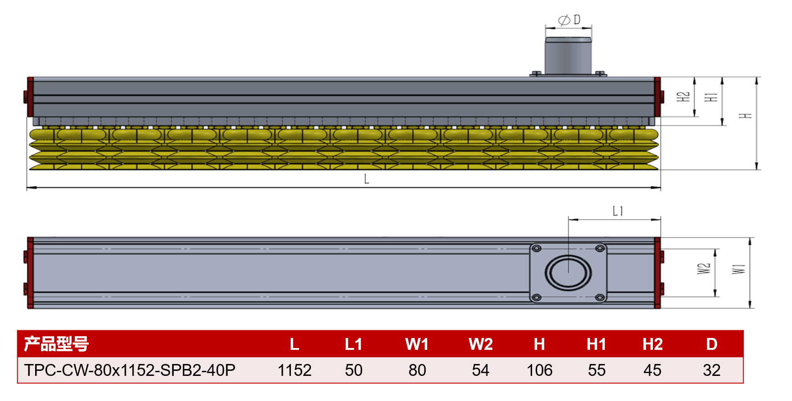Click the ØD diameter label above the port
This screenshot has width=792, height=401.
pos(569,20)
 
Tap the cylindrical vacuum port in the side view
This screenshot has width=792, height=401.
pos(568,56)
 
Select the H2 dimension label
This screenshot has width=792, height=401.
pos(683,97)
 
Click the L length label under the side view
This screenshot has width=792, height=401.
pos(367,179)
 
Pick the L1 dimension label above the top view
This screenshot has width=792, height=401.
pos(617,211)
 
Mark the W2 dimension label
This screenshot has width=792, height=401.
pos(704,269)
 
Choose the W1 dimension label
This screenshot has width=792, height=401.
pos(739,269)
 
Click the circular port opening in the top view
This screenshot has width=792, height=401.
pos(568,273)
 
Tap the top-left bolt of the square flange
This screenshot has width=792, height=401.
pos(537,248)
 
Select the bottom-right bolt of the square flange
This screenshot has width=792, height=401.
pos(600,298)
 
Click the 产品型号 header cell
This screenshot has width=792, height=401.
pos(56,344)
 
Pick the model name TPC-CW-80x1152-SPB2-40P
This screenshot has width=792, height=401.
pos(129,370)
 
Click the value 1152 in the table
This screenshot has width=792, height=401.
pos(295,370)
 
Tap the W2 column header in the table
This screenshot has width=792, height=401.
pos(481,344)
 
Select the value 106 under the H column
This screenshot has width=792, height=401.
pos(539,370)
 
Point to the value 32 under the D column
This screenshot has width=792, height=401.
pos(711,370)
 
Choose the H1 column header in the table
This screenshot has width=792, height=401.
pos(596,344)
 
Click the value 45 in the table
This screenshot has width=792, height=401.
pos(652,370)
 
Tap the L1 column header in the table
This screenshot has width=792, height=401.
pos(353,344)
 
